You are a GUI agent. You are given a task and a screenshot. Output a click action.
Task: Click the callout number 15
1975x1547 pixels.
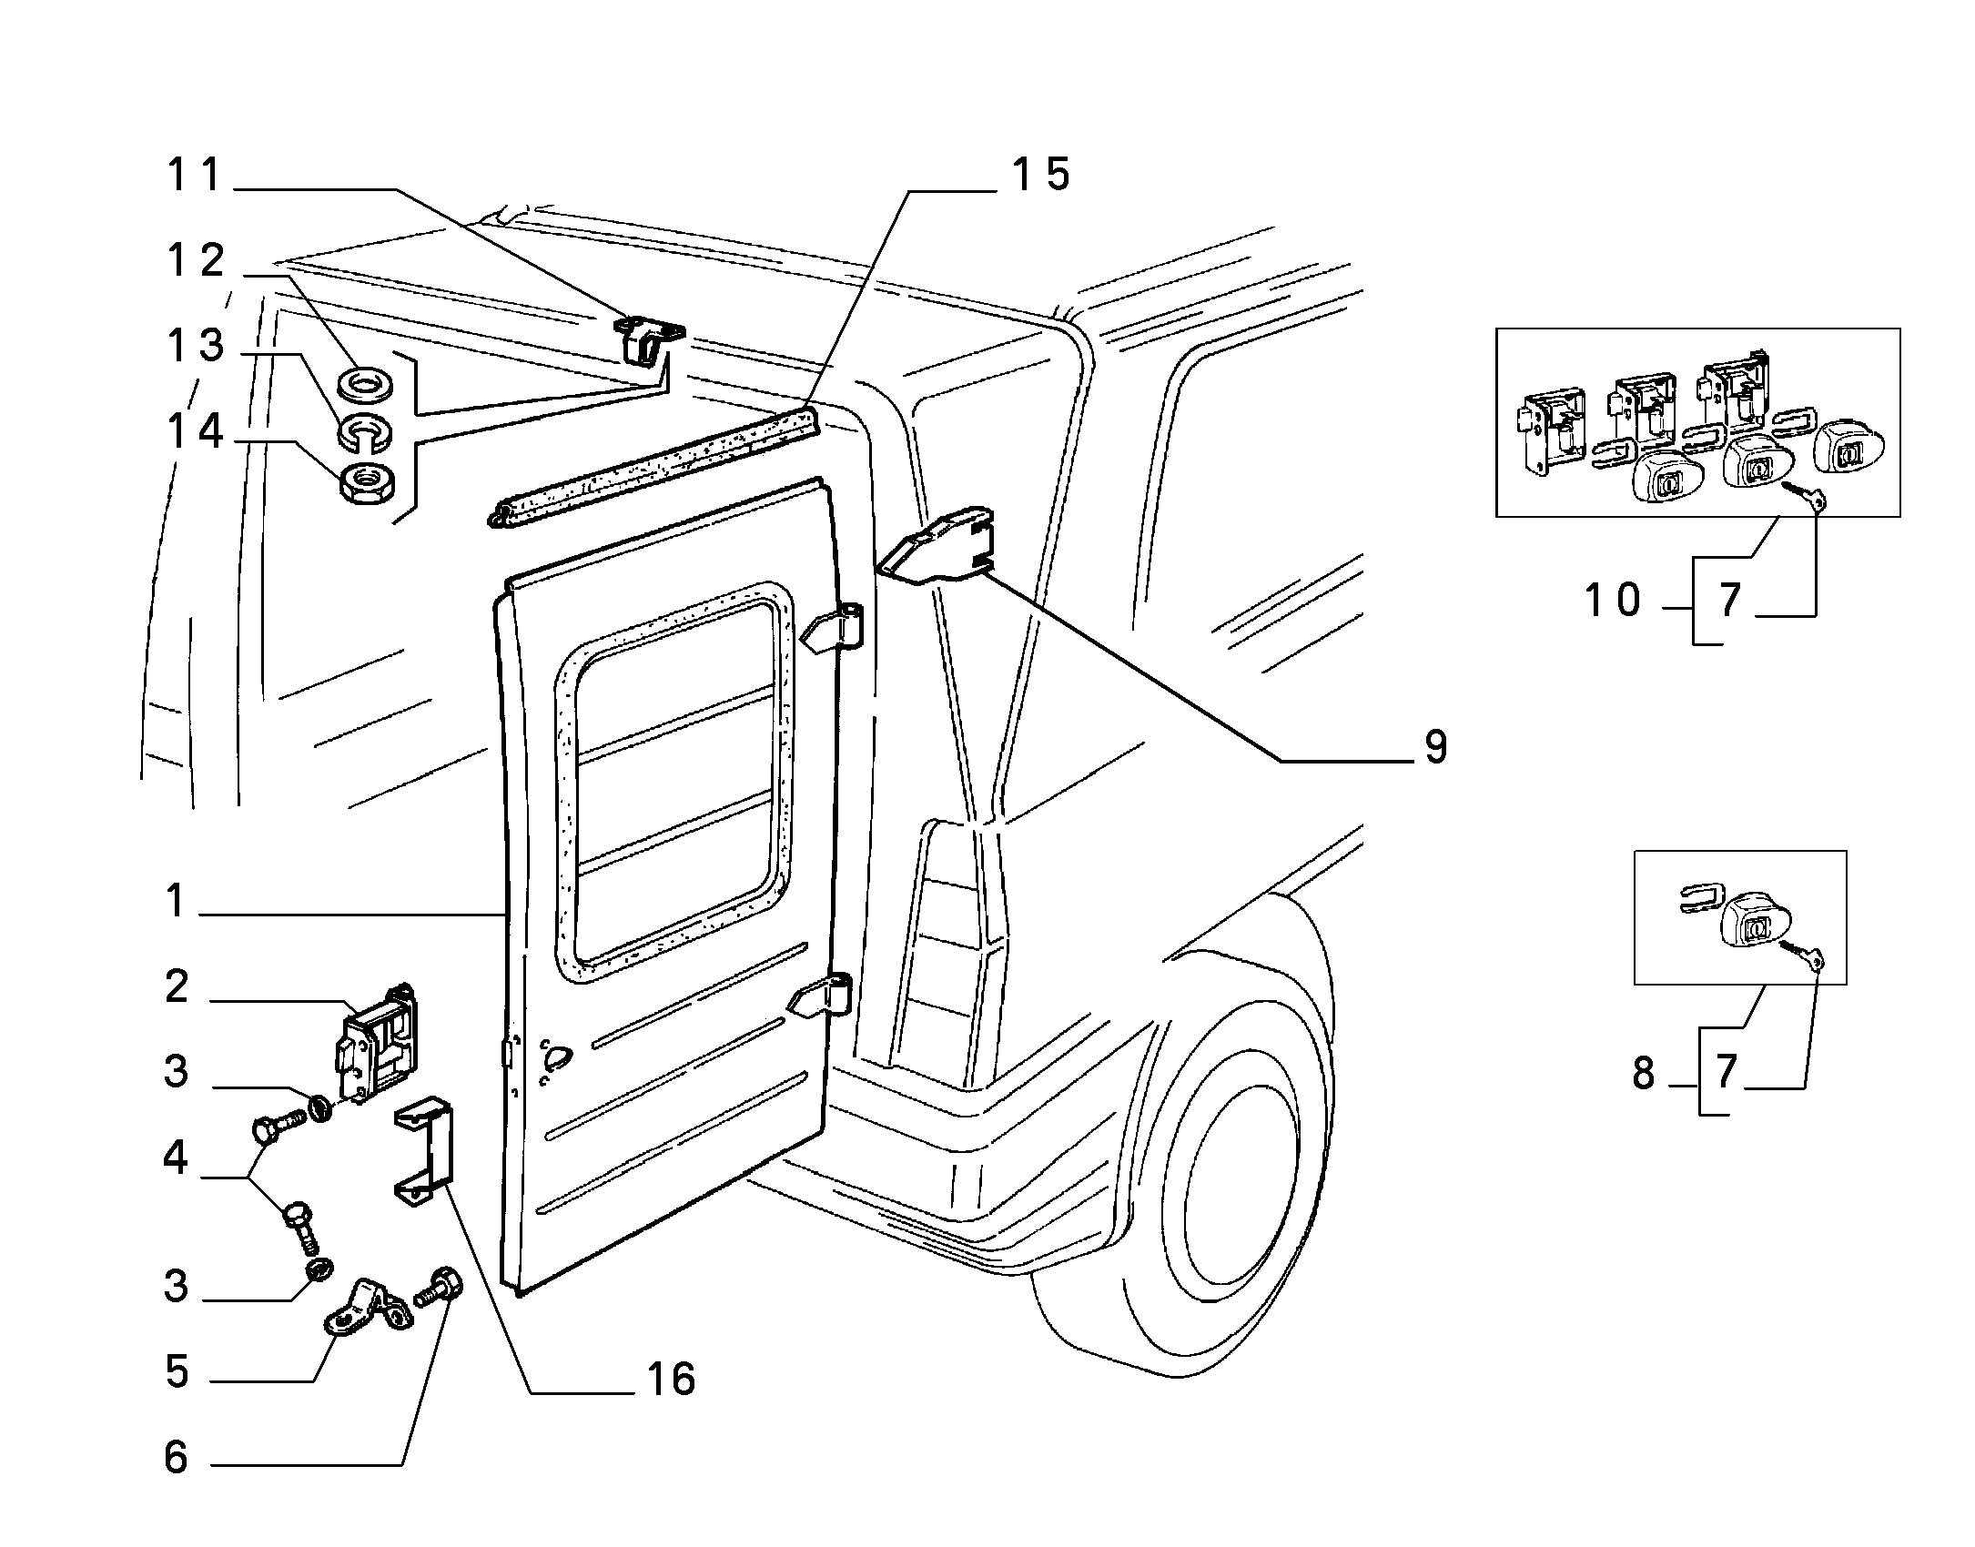1041,174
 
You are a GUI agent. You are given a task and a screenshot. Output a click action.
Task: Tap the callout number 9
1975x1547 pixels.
1435,748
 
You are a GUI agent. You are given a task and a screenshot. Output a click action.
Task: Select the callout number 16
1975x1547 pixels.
672,1379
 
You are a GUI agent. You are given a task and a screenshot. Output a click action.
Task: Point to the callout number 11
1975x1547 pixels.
194,175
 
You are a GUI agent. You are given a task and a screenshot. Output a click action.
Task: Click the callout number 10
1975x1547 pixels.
1613,601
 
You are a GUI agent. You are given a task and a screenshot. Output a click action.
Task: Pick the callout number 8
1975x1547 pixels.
1643,1075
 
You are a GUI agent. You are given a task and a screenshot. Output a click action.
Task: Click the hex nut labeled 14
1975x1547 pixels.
367,482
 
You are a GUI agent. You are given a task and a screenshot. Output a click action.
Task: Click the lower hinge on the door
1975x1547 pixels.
820,996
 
